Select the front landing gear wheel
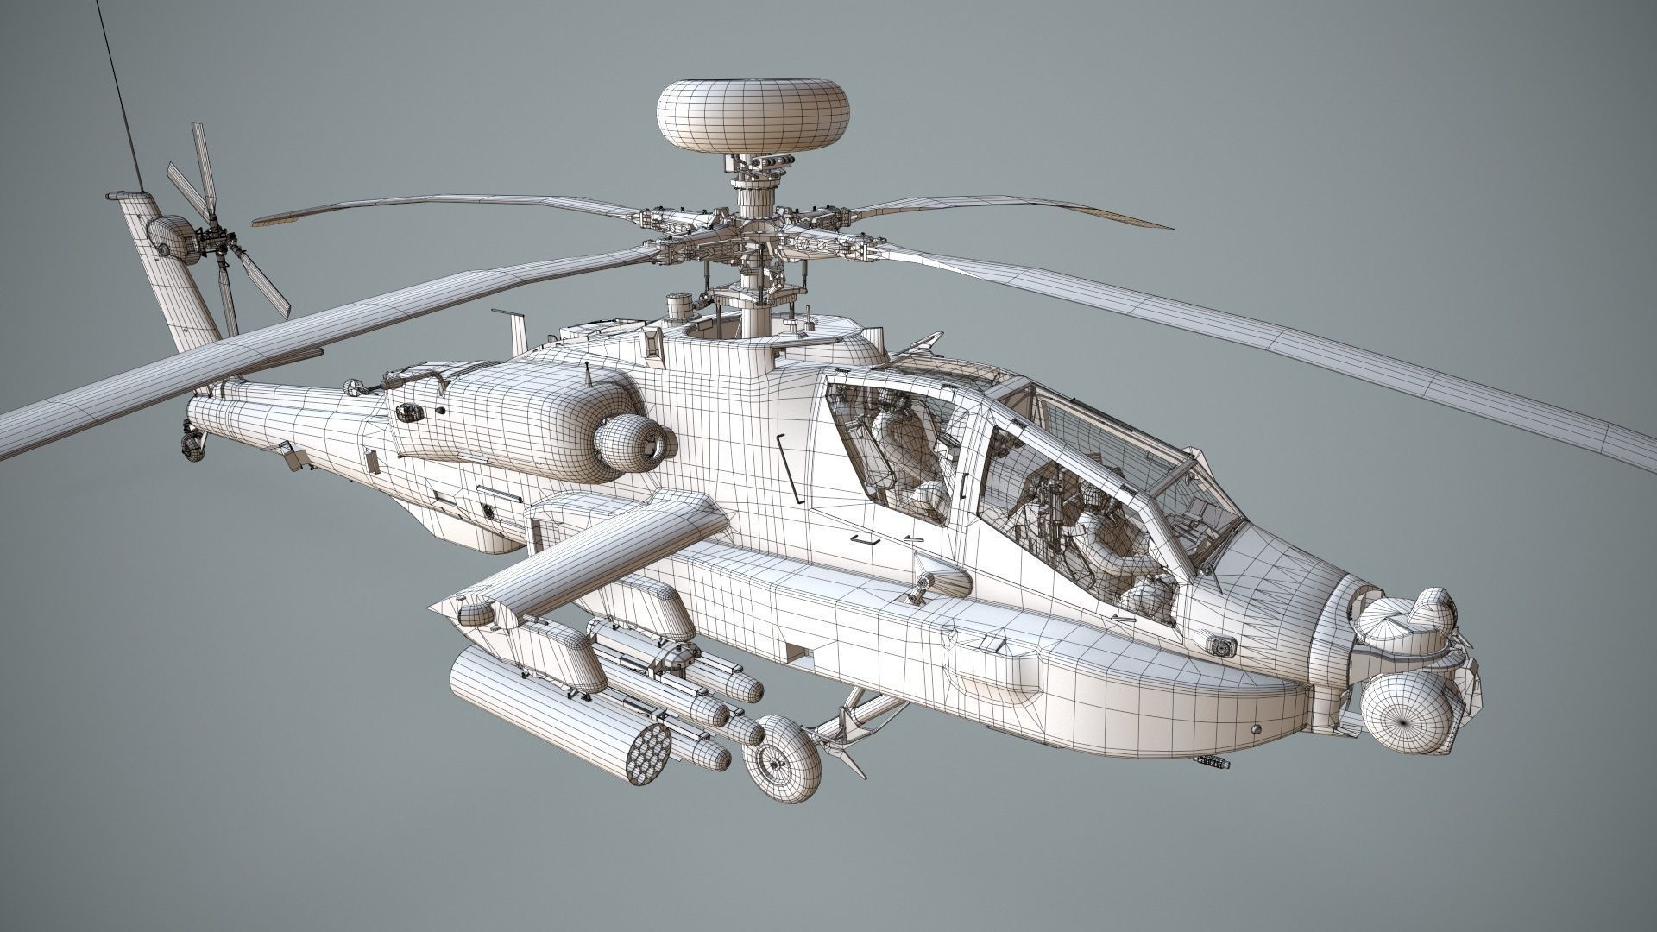pyautogui.click(x=784, y=759)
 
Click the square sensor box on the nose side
pyautogui.click(x=1222, y=645)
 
